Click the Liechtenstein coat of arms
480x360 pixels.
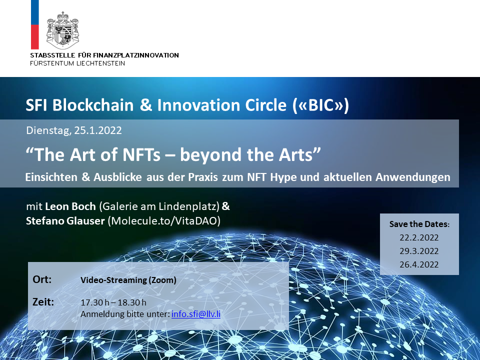(x=63, y=30)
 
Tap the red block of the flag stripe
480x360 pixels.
(x=35, y=36)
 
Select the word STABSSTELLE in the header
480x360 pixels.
(x=52, y=55)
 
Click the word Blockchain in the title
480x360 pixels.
(x=93, y=105)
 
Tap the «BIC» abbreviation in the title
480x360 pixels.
(x=321, y=105)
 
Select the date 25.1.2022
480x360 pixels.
(x=98, y=130)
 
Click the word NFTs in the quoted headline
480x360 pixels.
(x=141, y=154)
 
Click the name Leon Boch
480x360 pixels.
(x=70, y=206)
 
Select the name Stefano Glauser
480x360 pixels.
(x=65, y=220)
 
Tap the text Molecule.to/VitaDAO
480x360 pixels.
(x=164, y=220)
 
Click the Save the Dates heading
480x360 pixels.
(x=419, y=224)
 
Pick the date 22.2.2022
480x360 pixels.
(x=419, y=237)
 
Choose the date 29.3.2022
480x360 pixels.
(x=419, y=251)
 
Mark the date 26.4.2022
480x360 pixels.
(x=419, y=264)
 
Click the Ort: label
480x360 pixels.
(x=42, y=279)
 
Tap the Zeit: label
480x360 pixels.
(x=43, y=302)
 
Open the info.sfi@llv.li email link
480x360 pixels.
(x=196, y=314)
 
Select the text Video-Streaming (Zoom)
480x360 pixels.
(x=128, y=280)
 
